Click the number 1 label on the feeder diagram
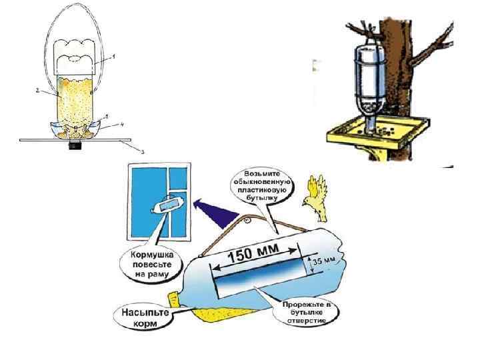[x=113, y=57]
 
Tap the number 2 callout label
[x=39, y=88]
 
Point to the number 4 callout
[x=121, y=124]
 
